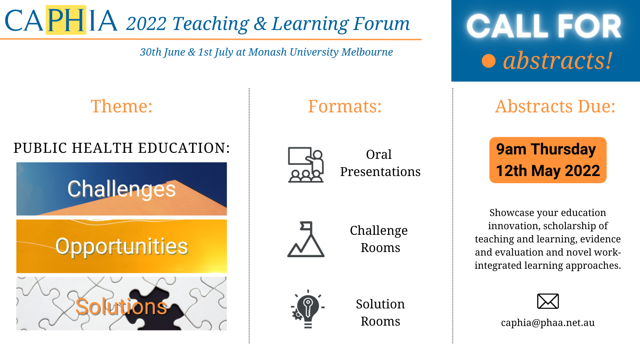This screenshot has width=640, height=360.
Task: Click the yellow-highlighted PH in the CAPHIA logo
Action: click(x=66, y=20)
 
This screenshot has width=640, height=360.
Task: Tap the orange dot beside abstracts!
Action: click(x=488, y=61)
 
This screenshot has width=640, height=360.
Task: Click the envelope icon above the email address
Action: click(x=548, y=301)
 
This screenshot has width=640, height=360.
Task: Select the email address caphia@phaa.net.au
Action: click(x=548, y=322)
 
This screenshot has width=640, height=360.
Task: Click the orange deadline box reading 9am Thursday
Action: click(x=548, y=160)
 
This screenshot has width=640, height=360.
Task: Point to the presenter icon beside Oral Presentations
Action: click(x=306, y=164)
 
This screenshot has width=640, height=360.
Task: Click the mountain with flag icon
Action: click(x=306, y=239)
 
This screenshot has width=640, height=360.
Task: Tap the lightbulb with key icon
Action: click(x=308, y=309)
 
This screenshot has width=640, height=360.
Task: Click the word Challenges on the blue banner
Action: click(x=122, y=189)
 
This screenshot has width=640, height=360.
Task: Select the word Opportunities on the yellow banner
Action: click(x=122, y=246)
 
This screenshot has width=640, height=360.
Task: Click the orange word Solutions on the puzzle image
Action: click(x=121, y=306)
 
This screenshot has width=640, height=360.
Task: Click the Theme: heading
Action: click(x=122, y=106)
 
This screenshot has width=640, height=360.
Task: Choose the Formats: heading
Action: click(x=344, y=106)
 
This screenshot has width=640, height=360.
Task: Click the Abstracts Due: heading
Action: click(x=555, y=106)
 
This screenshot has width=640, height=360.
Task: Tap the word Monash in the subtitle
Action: click(x=268, y=52)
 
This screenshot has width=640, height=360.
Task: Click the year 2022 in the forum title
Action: click(x=146, y=24)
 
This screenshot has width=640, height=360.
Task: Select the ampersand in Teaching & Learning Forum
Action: click(x=260, y=24)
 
